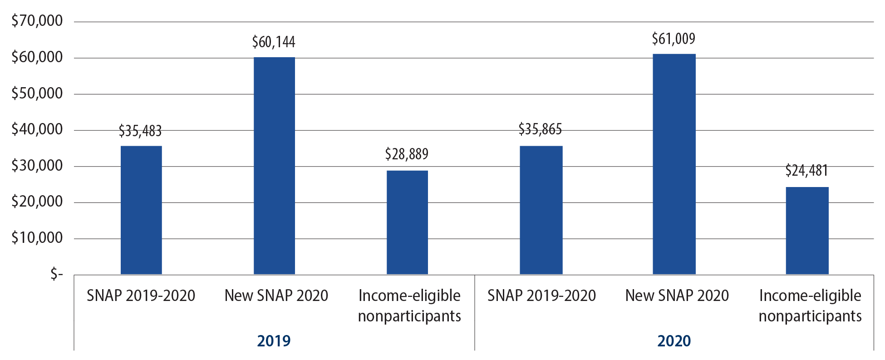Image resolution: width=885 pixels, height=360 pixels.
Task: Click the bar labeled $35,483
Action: tap(141, 210)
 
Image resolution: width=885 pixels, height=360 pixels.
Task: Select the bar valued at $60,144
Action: tap(274, 166)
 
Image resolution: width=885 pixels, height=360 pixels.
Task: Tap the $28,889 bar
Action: tap(407, 222)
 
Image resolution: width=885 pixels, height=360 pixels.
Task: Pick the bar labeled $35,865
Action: tap(541, 210)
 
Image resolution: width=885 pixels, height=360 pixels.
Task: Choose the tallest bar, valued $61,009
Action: tap(674, 164)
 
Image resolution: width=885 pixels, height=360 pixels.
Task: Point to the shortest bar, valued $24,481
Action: tap(807, 230)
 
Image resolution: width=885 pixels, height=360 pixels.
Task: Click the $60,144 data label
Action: tap(274, 42)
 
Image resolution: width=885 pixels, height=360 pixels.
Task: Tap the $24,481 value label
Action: tap(806, 171)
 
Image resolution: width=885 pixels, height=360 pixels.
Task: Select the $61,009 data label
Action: tap(674, 39)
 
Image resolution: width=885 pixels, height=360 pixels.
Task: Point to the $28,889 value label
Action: tap(407, 154)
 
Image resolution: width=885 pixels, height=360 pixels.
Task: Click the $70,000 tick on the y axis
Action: tap(37, 21)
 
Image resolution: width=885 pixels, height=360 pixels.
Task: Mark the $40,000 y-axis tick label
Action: tap(37, 129)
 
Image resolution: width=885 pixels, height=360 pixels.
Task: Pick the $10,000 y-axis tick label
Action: tap(37, 237)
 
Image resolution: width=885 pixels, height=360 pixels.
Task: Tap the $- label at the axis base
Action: tap(56, 274)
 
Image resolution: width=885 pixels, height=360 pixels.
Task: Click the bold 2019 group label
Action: tap(274, 340)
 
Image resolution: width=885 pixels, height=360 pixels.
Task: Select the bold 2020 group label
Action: tap(674, 340)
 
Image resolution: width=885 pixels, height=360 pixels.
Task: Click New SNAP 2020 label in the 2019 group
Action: tap(276, 296)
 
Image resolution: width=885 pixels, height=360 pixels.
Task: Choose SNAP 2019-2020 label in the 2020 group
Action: tap(541, 296)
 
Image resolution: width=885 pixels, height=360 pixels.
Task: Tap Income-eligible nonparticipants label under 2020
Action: tap(810, 306)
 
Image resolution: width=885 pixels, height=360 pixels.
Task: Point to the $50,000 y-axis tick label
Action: tap(37, 93)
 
